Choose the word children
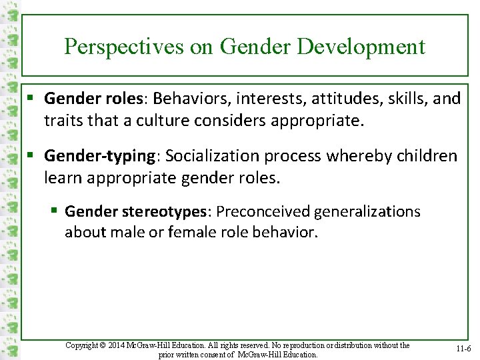click(x=425, y=156)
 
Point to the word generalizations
click(x=367, y=212)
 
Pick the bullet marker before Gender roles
click(x=31, y=99)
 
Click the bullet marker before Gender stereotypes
click(x=55, y=212)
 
